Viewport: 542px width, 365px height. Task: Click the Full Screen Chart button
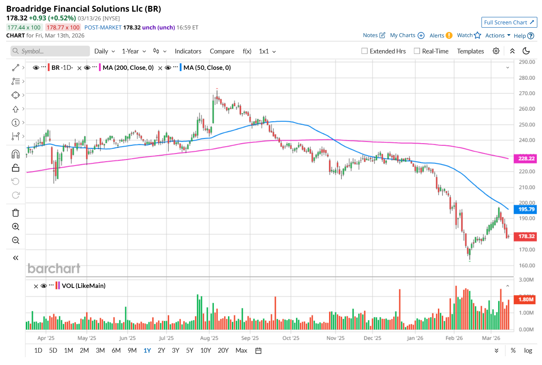point(509,23)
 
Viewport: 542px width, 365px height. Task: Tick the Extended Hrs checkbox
point(364,51)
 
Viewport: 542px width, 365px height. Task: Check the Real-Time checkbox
point(417,51)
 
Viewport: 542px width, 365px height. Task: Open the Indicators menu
point(188,51)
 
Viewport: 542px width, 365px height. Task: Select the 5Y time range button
point(190,350)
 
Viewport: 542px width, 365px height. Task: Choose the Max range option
point(241,350)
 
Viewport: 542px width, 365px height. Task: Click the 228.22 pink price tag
point(526,159)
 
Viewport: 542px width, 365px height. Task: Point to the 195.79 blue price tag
point(526,209)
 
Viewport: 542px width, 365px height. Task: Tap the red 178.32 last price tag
point(526,236)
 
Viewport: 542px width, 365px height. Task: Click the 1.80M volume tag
point(526,300)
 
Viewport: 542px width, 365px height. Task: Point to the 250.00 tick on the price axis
point(527,125)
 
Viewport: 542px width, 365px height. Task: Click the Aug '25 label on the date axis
point(209,338)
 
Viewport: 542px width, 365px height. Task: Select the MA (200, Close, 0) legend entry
point(128,68)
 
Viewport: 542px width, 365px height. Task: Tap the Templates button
point(470,51)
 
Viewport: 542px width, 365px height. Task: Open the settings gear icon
point(496,51)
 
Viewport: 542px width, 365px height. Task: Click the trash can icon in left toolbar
point(16,213)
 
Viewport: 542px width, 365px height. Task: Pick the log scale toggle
point(528,350)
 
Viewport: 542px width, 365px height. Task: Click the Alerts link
point(437,36)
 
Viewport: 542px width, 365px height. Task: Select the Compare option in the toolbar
point(222,51)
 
